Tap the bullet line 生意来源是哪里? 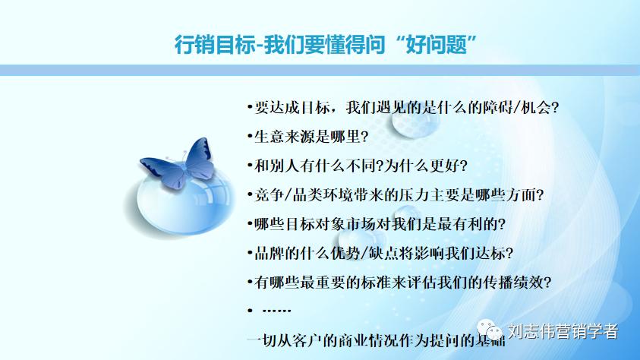point(307,137)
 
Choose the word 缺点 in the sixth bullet point(381,253)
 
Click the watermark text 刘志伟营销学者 point(563,333)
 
